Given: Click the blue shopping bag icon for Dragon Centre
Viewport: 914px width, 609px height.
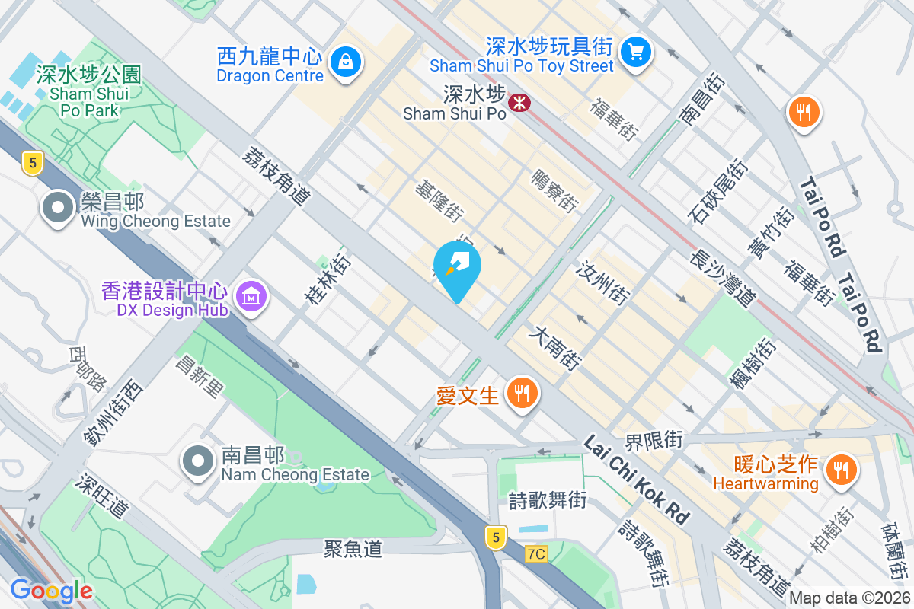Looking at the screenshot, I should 346,59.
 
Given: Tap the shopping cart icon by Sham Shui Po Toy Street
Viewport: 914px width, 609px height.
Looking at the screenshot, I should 634,52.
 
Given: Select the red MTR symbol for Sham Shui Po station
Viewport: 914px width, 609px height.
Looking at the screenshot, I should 520,100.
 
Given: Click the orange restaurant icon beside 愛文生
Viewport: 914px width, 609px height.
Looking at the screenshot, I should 522,394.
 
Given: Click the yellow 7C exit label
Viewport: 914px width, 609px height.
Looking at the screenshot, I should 536,554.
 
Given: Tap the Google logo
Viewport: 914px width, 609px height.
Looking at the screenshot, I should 51,590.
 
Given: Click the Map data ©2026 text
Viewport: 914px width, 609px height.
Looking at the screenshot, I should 848,598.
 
